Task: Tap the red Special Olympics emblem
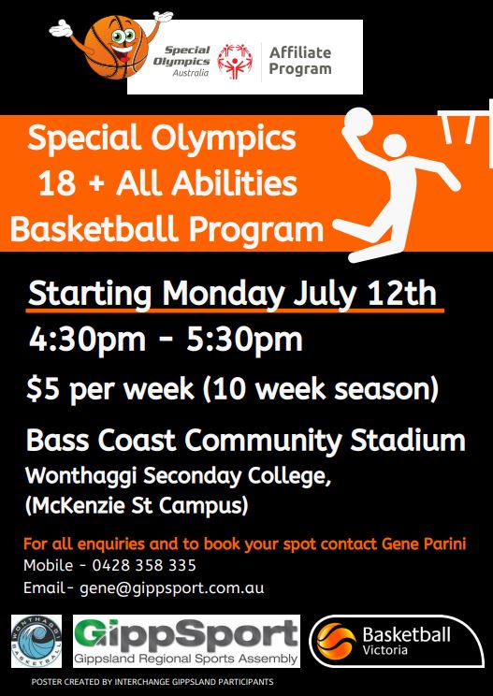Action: tap(235, 61)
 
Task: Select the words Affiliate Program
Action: tap(300, 61)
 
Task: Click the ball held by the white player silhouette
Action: tap(358, 122)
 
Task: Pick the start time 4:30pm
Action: tap(87, 341)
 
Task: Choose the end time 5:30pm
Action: tap(244, 341)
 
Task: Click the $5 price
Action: tap(43, 389)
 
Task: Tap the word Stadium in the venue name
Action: tap(408, 440)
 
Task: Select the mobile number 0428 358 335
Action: tap(144, 565)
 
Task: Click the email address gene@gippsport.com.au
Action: tap(172, 588)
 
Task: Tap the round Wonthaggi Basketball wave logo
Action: tap(36, 641)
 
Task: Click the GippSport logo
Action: tap(186, 641)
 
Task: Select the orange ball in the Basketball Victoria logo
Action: tap(337, 641)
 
